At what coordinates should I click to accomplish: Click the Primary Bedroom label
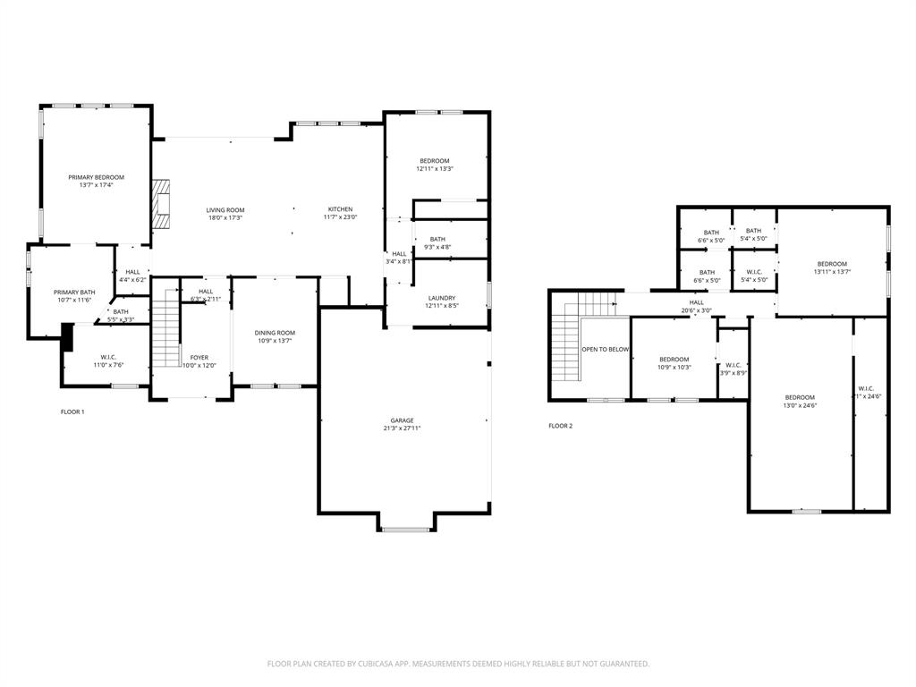pyautogui.click(x=97, y=177)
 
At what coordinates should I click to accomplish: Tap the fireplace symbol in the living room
pyautogui.click(x=160, y=204)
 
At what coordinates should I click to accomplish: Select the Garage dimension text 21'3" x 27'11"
pyautogui.click(x=401, y=428)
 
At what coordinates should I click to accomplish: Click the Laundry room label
pyautogui.click(x=442, y=298)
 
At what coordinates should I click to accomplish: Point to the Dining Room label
pyautogui.click(x=276, y=333)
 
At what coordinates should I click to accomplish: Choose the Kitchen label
pyautogui.click(x=340, y=209)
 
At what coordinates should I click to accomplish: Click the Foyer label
pyautogui.click(x=199, y=357)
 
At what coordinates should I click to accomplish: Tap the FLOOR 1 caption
pyautogui.click(x=72, y=411)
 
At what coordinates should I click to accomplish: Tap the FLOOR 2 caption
pyautogui.click(x=561, y=426)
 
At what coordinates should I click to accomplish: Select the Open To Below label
pyautogui.click(x=606, y=349)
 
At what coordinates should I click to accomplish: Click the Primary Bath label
pyautogui.click(x=74, y=292)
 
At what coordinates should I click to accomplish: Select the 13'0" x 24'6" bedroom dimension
pyautogui.click(x=801, y=405)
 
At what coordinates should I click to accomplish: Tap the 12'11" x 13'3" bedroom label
pyautogui.click(x=435, y=161)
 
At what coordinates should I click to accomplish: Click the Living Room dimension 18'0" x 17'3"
pyautogui.click(x=225, y=217)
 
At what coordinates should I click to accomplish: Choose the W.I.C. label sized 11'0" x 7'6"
pyautogui.click(x=109, y=357)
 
